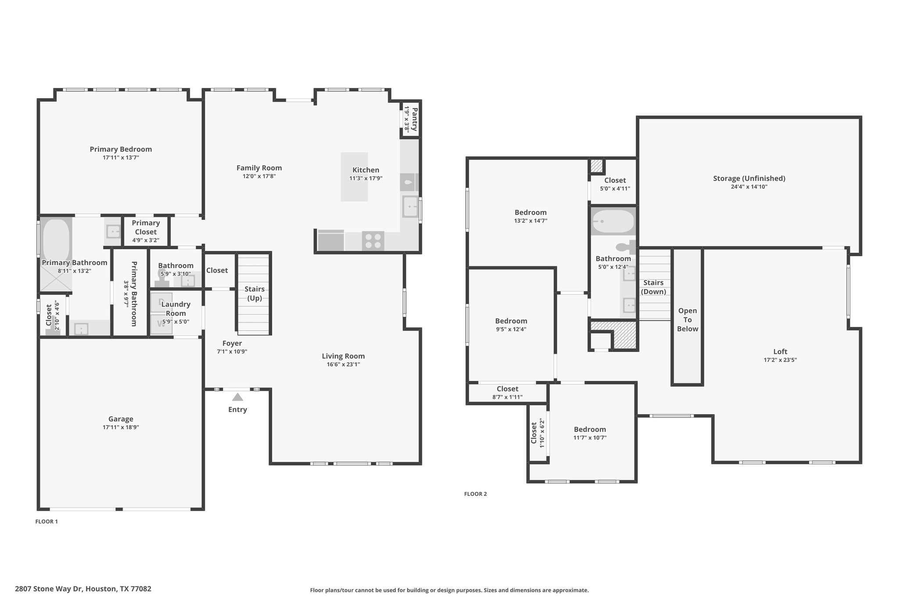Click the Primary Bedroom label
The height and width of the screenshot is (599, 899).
point(121,149)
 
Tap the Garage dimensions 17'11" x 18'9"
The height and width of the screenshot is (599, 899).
point(121,427)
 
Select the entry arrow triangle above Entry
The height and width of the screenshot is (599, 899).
point(237,397)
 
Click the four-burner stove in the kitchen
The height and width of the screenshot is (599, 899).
point(373,241)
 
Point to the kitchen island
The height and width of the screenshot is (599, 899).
point(354,177)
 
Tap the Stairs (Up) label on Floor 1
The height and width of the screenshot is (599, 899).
point(255,294)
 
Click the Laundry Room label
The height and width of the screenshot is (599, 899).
point(176,308)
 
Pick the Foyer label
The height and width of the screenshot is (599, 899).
point(232,343)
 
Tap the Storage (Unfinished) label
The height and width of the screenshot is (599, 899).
point(749,179)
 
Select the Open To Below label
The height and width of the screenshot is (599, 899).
point(687,319)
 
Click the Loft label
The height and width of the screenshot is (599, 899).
point(780,352)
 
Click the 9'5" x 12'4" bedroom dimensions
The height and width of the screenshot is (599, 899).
point(511,329)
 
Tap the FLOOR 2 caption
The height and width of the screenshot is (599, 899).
point(475,494)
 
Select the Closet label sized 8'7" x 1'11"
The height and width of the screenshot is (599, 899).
point(507,389)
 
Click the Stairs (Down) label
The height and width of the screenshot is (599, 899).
point(653,287)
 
